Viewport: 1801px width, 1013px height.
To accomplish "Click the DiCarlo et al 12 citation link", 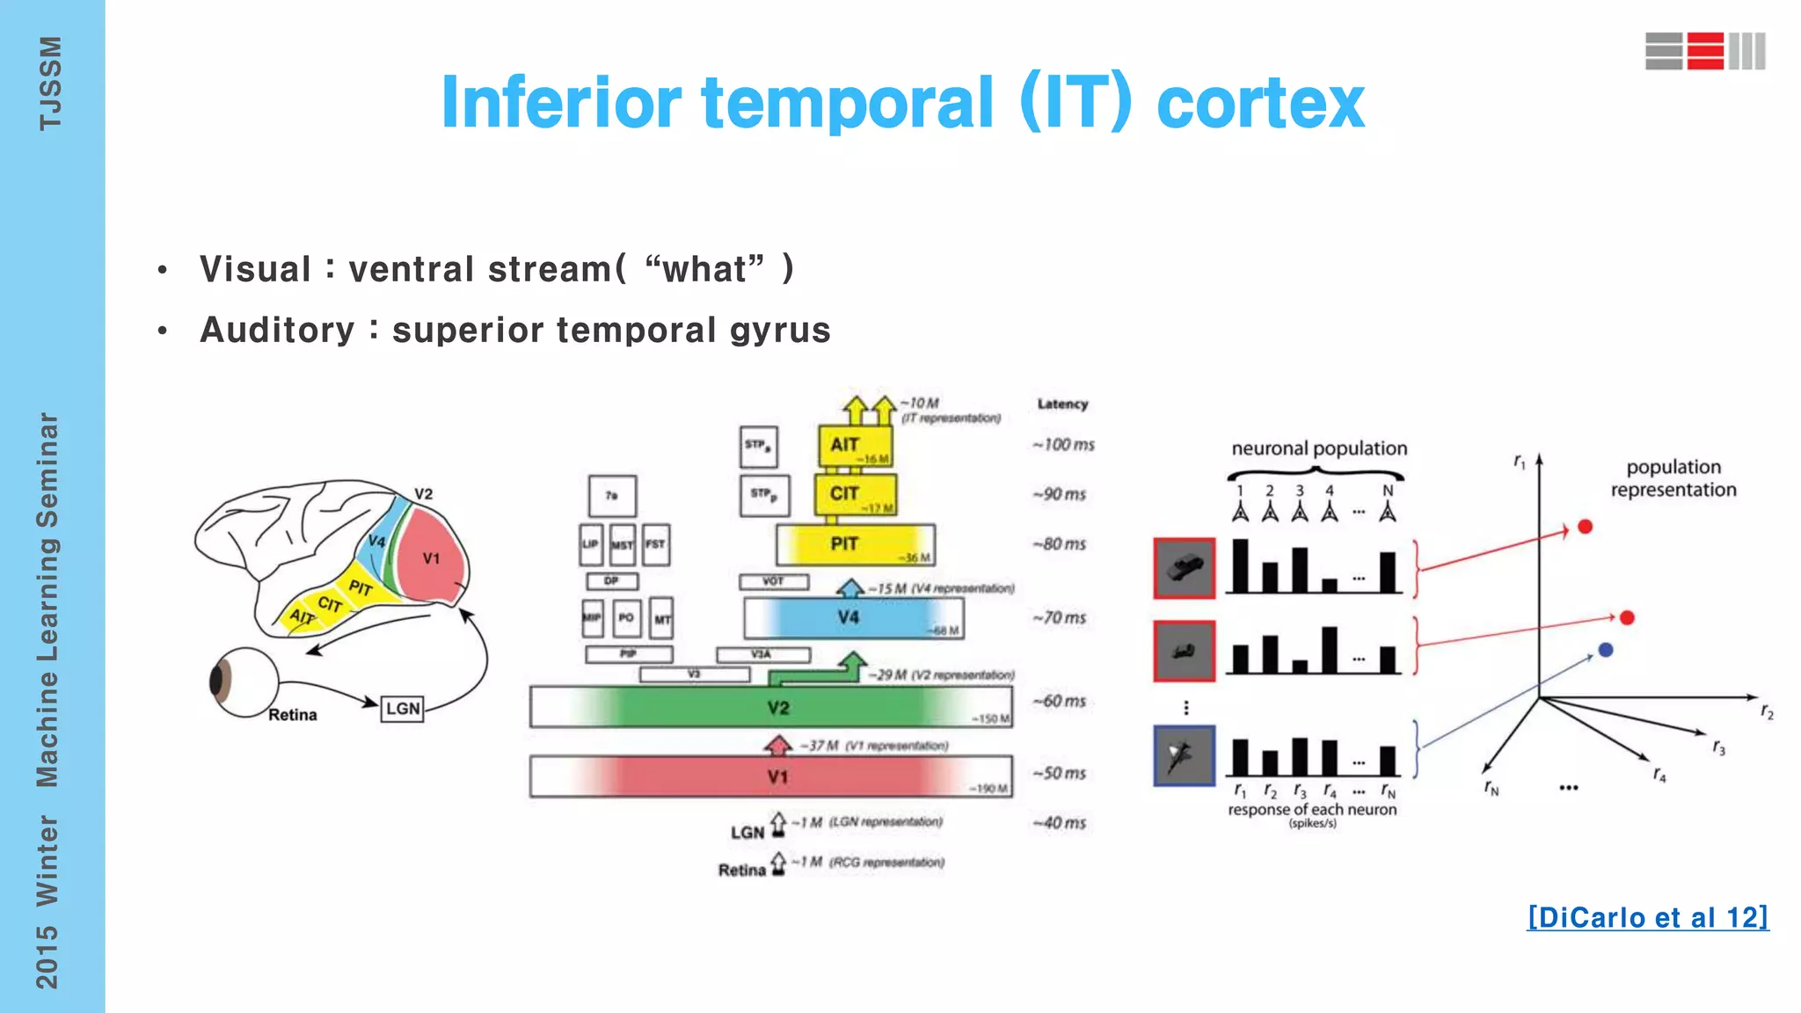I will coord(1647,917).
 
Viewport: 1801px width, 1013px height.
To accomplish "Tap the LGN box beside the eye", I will coord(403,709).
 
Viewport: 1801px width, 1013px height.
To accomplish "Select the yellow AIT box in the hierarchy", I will coord(854,446).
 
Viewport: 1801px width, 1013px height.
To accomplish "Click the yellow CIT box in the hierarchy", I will coord(854,494).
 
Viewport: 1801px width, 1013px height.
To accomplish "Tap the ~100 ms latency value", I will coord(1063,445).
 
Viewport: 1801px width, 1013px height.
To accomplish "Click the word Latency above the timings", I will coord(1062,404).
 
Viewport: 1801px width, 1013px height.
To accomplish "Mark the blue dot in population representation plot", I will coord(1606,650).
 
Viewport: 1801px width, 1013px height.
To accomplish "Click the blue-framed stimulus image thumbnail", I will coord(1184,755).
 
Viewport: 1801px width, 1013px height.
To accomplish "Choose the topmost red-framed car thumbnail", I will coord(1184,568).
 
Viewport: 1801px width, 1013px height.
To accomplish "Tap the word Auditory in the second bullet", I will coord(277,331).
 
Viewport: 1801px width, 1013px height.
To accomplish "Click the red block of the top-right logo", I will coord(1705,51).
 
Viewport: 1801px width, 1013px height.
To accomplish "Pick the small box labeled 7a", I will coord(612,496).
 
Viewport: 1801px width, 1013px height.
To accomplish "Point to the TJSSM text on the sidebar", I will coord(50,84).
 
